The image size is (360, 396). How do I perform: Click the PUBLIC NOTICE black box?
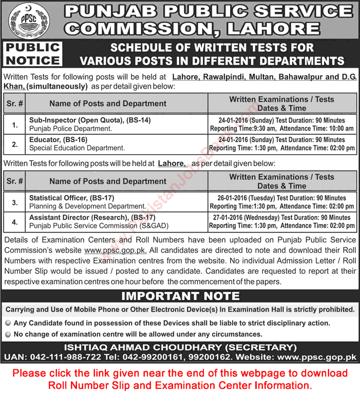point(33,54)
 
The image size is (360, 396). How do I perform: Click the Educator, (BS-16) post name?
point(60,139)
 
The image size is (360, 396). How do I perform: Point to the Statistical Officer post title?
point(71,198)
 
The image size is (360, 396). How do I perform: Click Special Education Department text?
point(77,148)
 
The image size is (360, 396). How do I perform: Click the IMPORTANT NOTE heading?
point(180,296)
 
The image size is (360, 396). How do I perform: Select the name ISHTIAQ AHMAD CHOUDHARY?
point(152,347)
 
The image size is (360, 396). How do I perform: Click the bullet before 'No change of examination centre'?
point(8,333)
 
